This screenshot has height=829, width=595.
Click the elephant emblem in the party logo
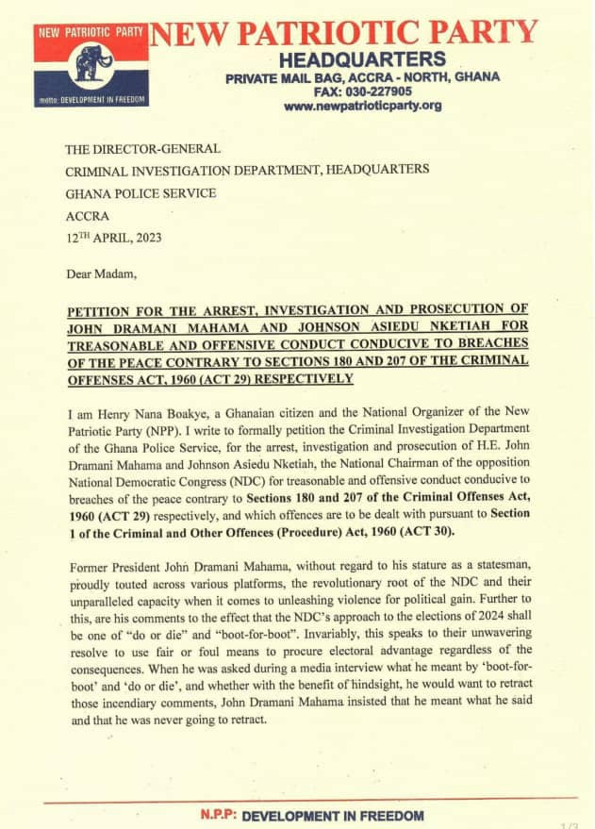coord(92,65)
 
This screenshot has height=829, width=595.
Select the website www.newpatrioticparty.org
coord(363,106)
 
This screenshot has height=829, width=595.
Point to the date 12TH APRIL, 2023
coord(113,238)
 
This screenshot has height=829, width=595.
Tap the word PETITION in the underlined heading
coord(107,310)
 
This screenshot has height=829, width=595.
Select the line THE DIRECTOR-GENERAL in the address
coord(142,149)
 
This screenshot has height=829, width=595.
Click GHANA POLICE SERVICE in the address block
coord(140,192)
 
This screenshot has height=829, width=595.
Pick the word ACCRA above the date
coord(89,215)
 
